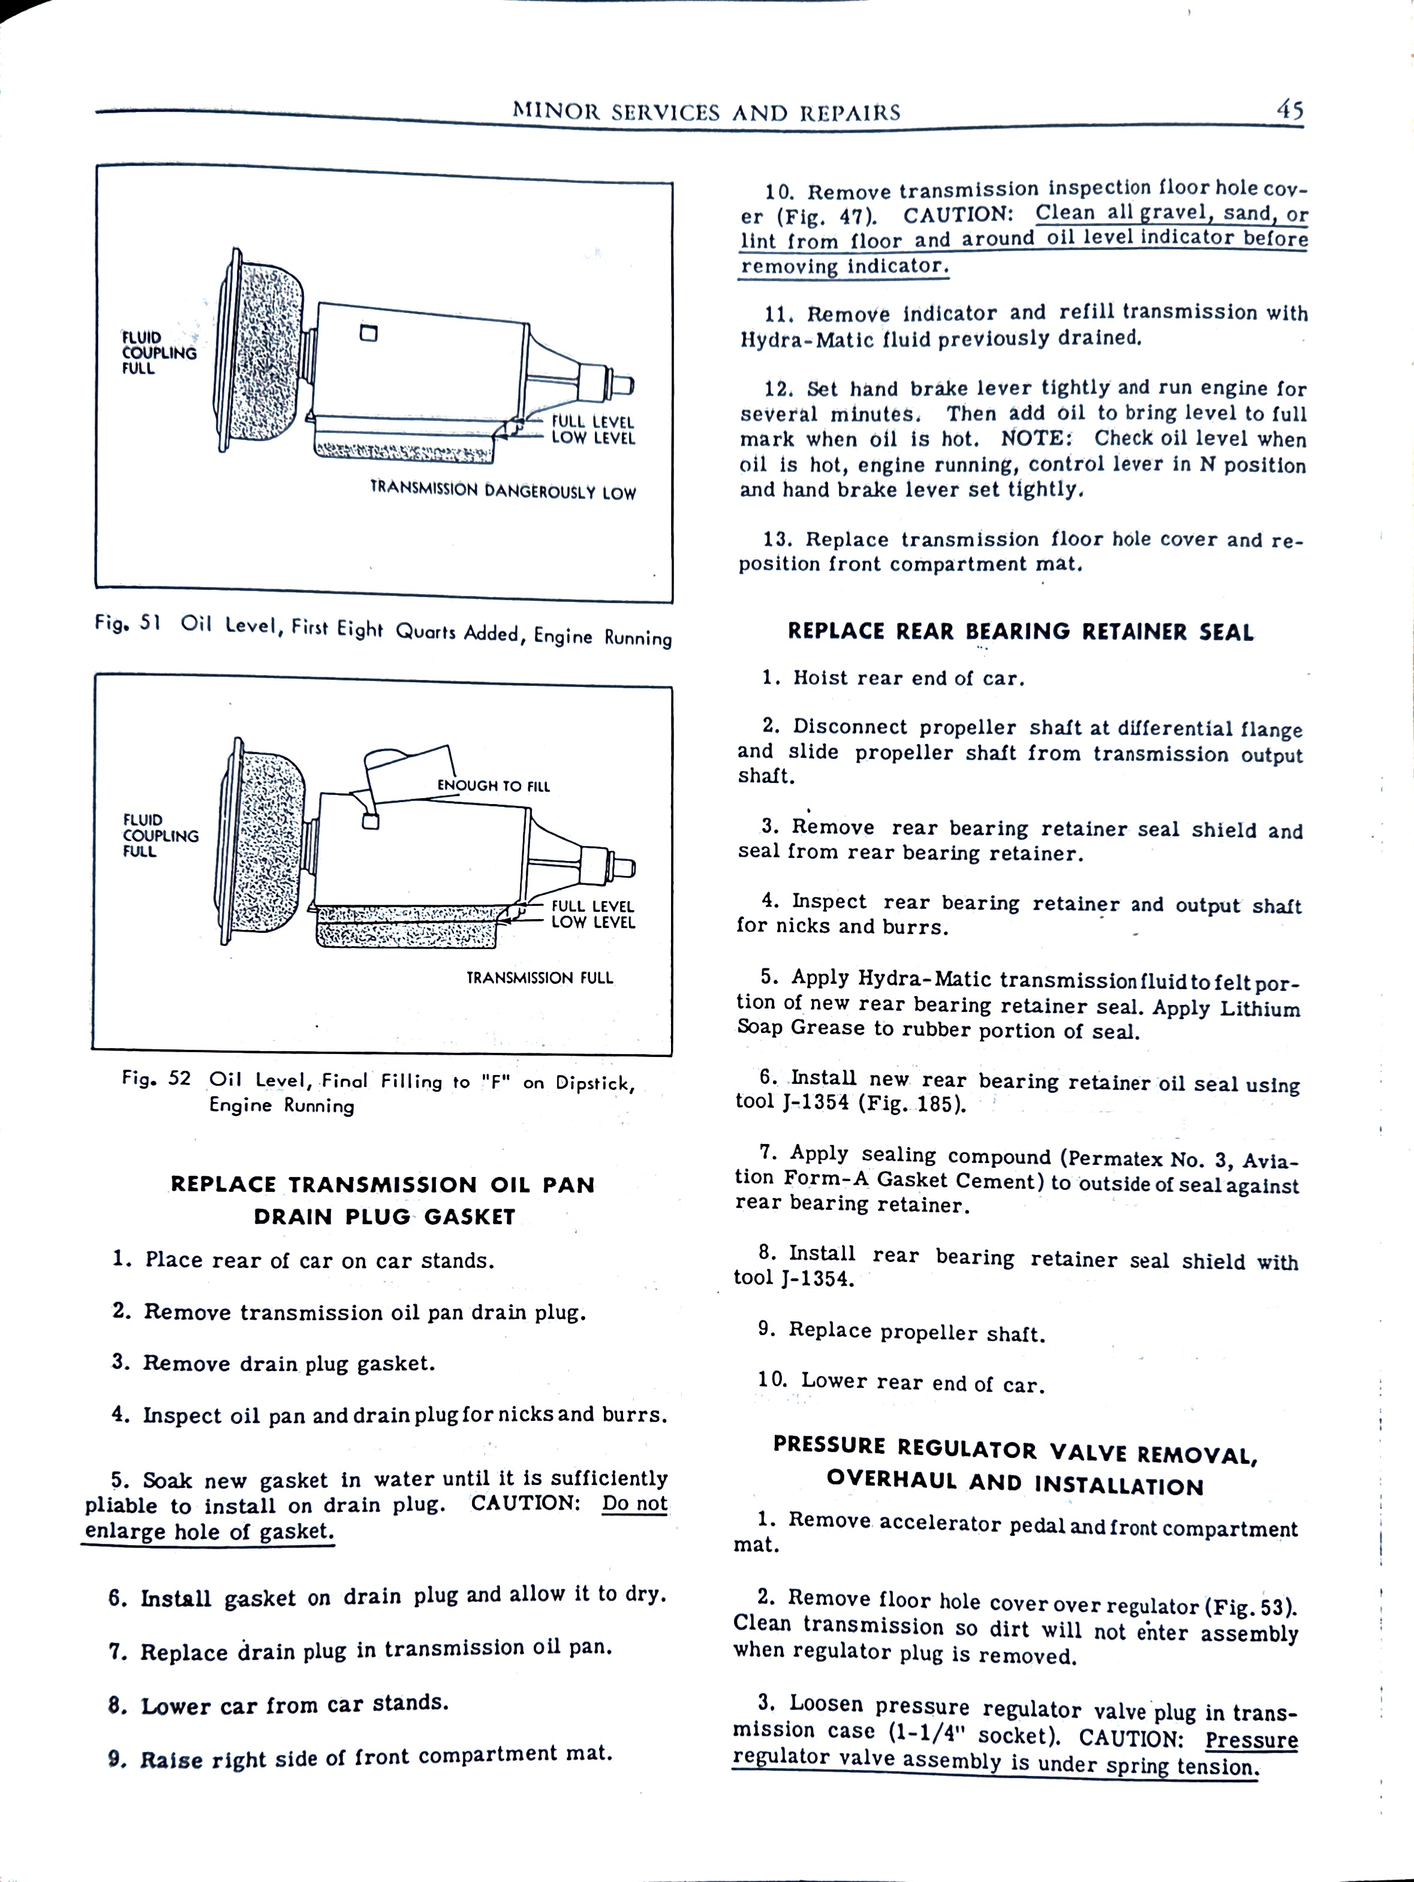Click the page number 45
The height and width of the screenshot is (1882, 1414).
(x=1289, y=110)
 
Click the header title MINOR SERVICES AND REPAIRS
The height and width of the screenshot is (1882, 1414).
(x=706, y=112)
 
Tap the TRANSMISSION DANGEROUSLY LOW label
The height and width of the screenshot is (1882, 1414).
(x=503, y=491)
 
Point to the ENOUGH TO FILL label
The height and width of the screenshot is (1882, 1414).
(x=494, y=786)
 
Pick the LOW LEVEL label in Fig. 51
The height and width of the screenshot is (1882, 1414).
(x=593, y=439)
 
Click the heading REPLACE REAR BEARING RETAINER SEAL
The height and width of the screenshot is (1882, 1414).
(x=1020, y=631)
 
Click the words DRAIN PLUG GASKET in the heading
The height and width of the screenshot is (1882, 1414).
(x=384, y=1216)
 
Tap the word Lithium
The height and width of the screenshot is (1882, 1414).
(x=1259, y=1009)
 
